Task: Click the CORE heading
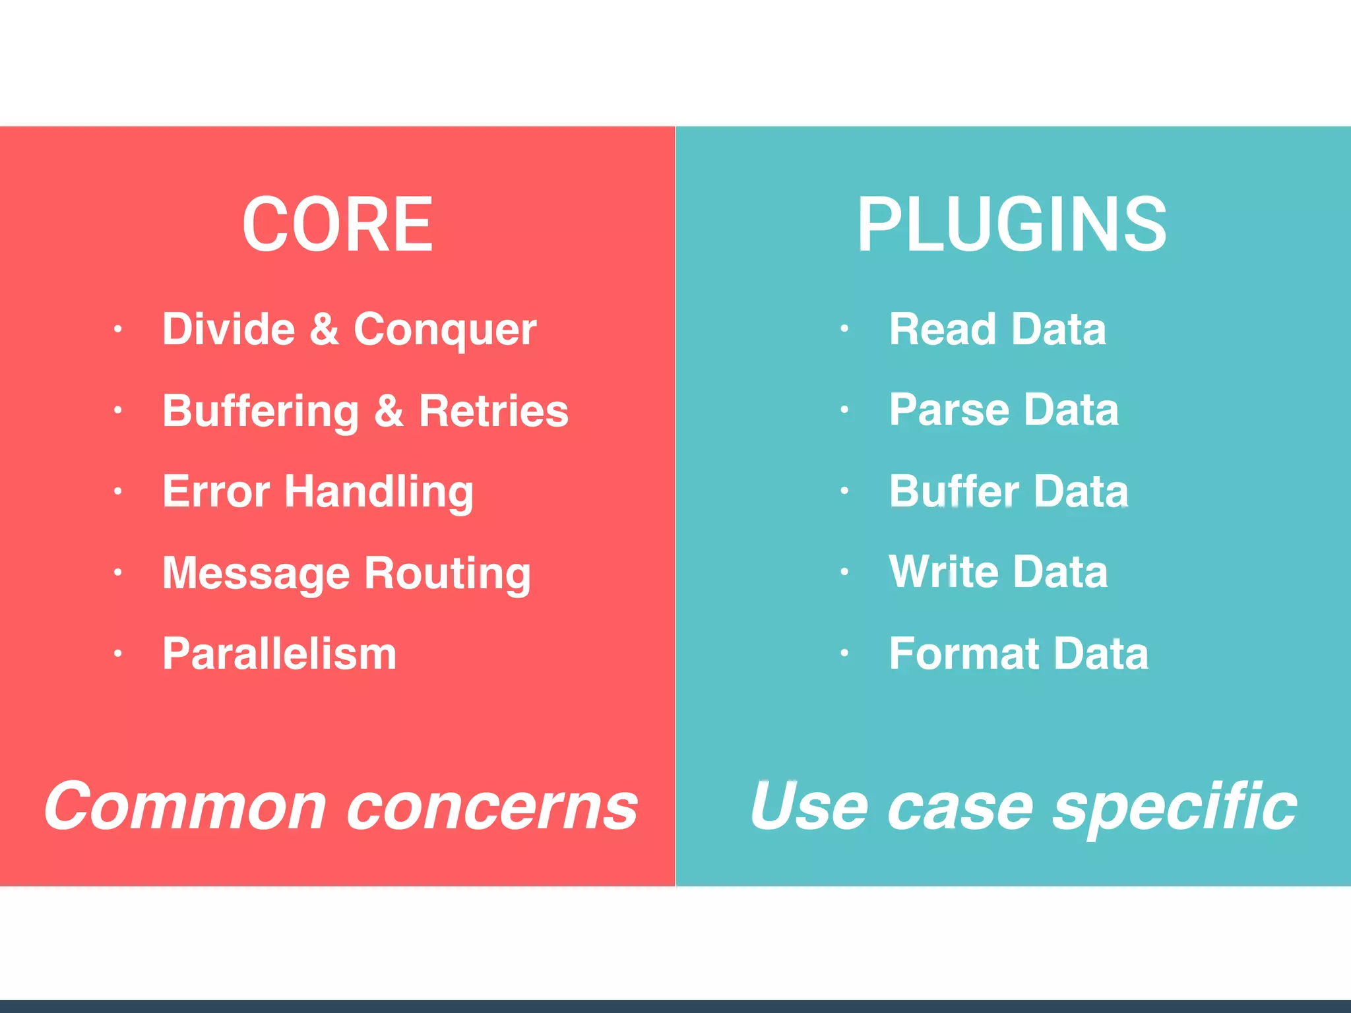337,225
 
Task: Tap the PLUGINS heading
1012,225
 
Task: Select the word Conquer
445,330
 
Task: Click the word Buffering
261,412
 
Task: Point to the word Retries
493,410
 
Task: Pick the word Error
216,491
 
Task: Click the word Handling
379,493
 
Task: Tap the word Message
256,573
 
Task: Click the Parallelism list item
279,654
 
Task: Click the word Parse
949,410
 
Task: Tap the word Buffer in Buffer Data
954,491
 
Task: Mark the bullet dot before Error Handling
117,491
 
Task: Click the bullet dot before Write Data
844,572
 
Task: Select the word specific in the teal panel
1175,807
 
